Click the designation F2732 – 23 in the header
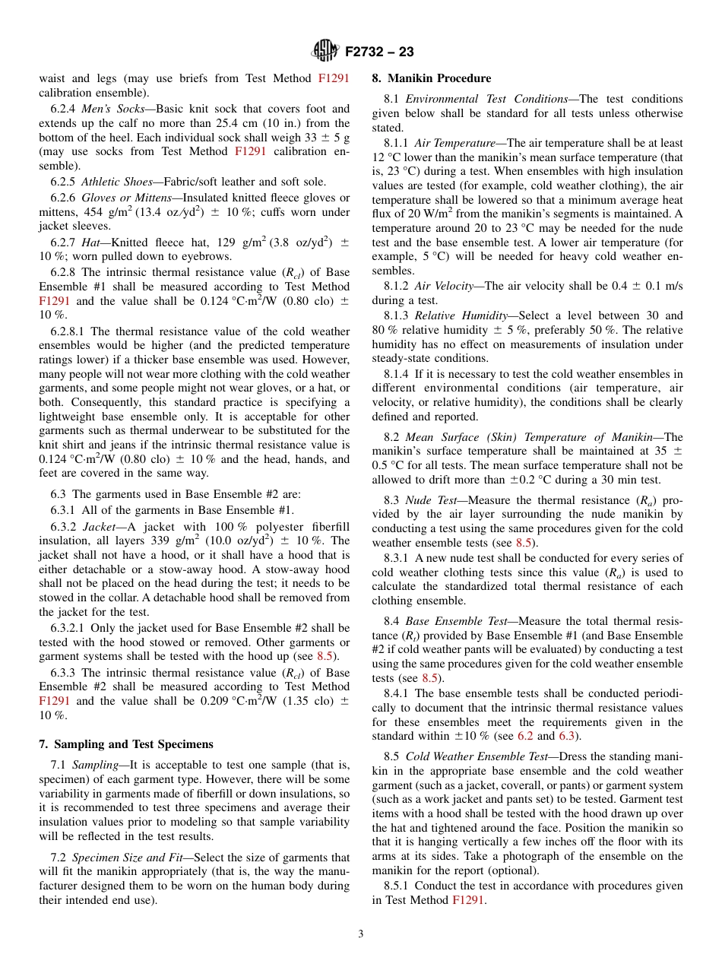click(x=379, y=52)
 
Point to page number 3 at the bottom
click(x=361, y=934)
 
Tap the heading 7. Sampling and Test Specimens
click(x=126, y=744)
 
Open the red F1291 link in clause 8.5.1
click(x=469, y=900)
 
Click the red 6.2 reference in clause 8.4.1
click(x=525, y=737)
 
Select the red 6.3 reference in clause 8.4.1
click(x=567, y=737)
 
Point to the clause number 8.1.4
click(x=396, y=373)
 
